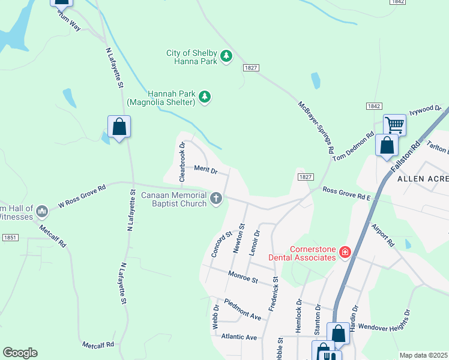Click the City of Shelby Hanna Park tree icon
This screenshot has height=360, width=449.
click(x=226, y=56)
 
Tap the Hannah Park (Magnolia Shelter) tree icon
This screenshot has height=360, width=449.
click(x=205, y=97)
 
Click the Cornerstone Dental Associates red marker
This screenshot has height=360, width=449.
click(x=345, y=252)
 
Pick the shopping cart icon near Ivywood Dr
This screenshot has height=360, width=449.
click(x=394, y=125)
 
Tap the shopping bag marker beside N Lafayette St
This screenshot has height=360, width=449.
click(x=119, y=127)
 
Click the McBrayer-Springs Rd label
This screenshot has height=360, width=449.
click(x=316, y=128)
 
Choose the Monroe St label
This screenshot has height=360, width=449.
click(x=243, y=277)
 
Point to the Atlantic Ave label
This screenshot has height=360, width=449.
click(x=239, y=337)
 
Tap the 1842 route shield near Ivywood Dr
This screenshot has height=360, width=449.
click(x=373, y=106)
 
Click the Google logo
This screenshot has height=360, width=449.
click(x=20, y=353)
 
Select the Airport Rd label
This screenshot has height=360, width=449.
click(x=382, y=235)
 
